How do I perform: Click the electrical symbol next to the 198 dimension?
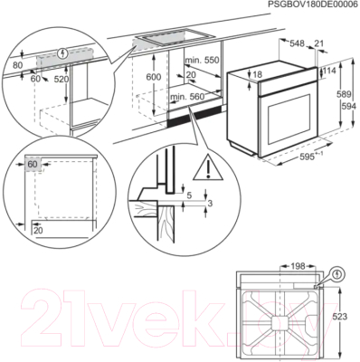pyautogui.click(x=337, y=271)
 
